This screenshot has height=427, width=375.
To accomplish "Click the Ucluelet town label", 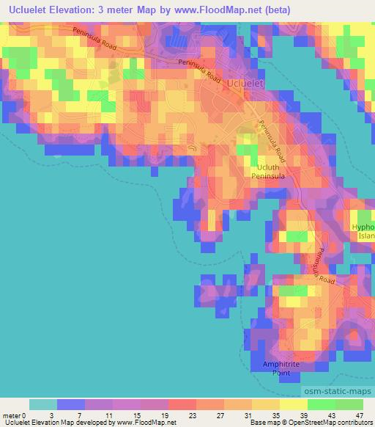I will click(245, 84).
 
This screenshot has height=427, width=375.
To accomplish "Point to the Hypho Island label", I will click(363, 231).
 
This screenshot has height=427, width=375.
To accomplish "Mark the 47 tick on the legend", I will click(365, 415).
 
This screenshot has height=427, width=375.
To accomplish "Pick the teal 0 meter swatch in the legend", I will click(43, 404).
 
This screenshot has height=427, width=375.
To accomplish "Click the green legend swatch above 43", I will click(322, 404).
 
